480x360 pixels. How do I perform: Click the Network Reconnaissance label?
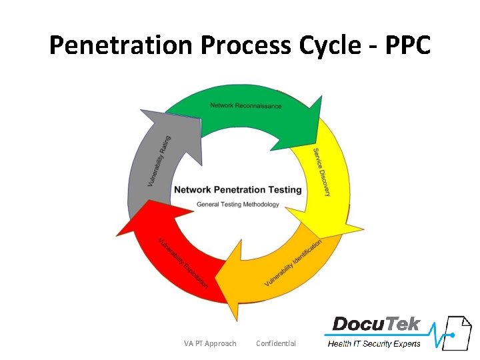coord(245,105)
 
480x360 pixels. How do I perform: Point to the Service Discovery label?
coord(321,172)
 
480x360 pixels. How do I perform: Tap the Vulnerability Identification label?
coord(293,262)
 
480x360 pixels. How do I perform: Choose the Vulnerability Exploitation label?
coord(183,263)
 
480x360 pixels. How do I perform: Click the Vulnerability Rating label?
coord(159,161)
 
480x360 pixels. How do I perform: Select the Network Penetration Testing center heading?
coord(237,190)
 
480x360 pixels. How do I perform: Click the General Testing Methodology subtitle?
coord(237,205)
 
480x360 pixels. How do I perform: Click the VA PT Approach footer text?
coord(210,343)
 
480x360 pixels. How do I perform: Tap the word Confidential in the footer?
coord(276,343)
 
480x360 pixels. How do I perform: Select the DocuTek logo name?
coord(377,325)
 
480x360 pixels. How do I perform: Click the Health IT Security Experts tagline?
coord(374,344)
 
